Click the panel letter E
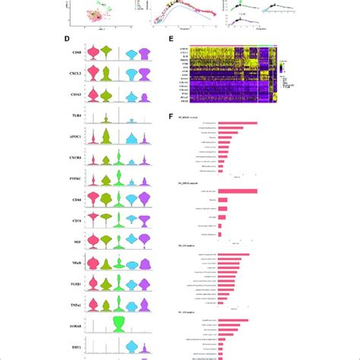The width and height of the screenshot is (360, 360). click(x=172, y=36)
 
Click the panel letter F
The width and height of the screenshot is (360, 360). click(x=172, y=115)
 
